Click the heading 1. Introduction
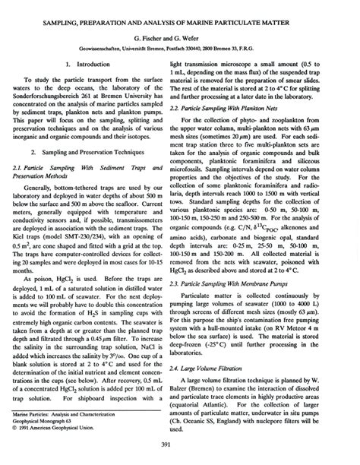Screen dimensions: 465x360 tap(93, 65)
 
